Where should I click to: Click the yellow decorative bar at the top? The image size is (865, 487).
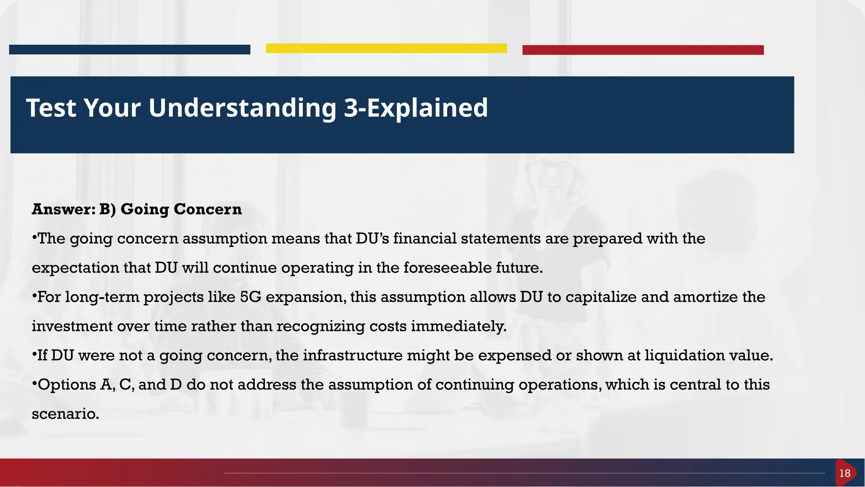pos(386,49)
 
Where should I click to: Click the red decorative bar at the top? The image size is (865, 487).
pos(643,50)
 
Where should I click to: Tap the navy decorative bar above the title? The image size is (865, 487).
pos(129,49)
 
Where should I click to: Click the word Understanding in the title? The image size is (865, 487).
pos(242,108)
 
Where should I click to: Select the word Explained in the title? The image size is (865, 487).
pos(427,108)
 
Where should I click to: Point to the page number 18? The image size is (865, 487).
pos(845,473)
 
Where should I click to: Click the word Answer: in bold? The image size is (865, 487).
pos(63,210)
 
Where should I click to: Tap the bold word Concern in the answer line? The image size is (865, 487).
pos(207,210)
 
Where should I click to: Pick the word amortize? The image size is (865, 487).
pos(705,297)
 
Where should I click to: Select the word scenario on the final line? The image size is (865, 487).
pos(65,414)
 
